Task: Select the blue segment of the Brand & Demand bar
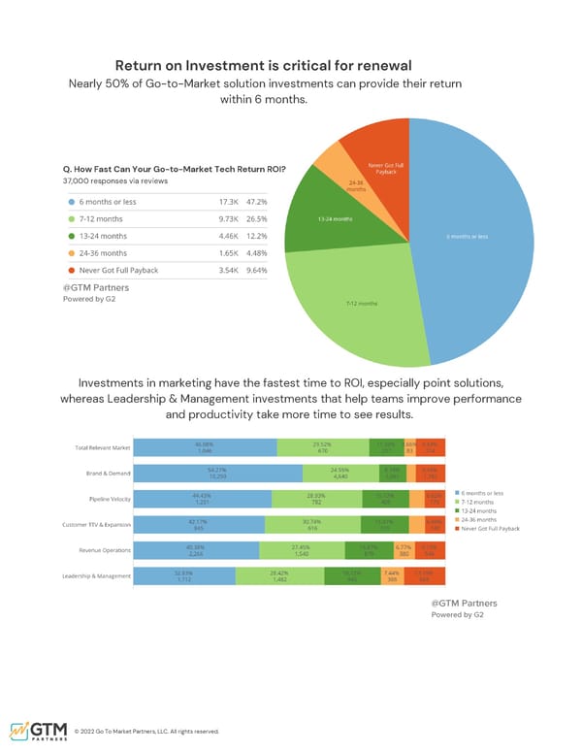pyautogui.click(x=217, y=474)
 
